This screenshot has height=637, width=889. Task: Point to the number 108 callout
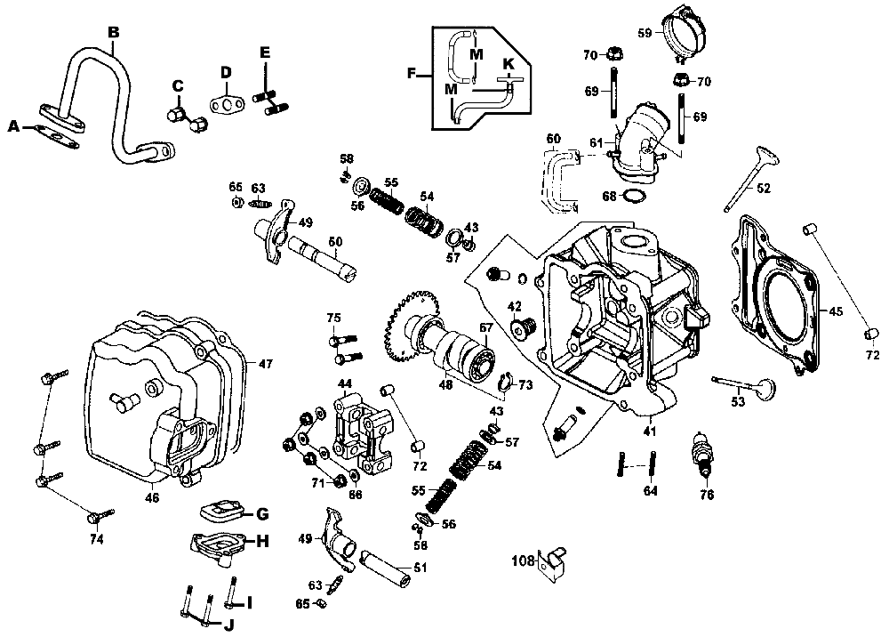click(523, 560)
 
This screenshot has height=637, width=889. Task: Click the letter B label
click(113, 32)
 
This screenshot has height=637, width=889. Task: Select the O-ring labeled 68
click(634, 195)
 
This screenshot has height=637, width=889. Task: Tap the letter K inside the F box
click(509, 64)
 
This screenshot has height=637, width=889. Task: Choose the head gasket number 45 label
click(835, 311)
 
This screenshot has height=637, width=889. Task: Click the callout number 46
click(153, 498)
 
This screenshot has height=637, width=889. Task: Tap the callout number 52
click(764, 188)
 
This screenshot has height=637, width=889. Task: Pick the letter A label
click(12, 127)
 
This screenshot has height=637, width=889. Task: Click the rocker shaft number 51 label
click(420, 568)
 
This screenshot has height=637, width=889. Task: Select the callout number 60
click(553, 139)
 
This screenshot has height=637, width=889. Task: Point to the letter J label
click(228, 625)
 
